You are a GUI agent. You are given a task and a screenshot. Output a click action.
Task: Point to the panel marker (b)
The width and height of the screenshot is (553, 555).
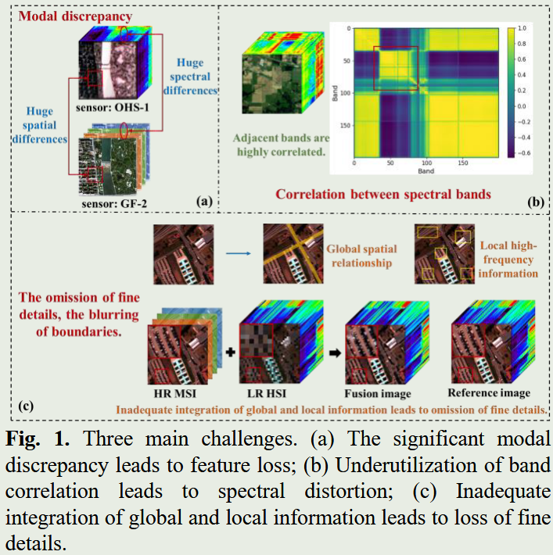[536, 201]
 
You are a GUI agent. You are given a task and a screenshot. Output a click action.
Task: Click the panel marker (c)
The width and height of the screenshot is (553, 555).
[27, 406]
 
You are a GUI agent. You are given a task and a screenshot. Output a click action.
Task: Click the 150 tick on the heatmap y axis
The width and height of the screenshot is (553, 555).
[341, 124]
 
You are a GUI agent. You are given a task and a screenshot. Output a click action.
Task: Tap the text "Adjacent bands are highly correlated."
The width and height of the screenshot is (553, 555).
[279, 145]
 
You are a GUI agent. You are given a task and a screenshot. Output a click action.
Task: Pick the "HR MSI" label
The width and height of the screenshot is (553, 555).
[177, 391]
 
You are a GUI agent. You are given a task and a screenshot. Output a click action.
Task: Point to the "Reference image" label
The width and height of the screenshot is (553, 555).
[489, 392]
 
